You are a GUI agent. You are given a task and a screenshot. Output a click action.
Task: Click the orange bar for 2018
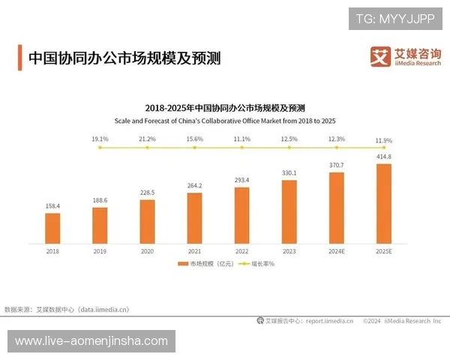[52, 228]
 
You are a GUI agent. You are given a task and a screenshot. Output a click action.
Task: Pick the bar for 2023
[289, 211]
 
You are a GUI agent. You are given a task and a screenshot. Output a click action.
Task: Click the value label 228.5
[147, 193]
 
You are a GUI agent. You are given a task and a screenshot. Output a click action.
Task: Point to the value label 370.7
[336, 165]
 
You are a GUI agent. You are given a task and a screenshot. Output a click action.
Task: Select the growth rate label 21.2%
[147, 139]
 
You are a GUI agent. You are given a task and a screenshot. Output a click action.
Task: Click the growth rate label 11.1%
[241, 139]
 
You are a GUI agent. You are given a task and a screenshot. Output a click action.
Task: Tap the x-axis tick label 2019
[100, 252]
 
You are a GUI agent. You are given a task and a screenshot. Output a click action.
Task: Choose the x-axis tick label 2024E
[337, 252]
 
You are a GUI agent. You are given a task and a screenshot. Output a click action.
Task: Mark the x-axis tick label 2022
[241, 252]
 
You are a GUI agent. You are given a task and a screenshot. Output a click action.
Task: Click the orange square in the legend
[182, 265]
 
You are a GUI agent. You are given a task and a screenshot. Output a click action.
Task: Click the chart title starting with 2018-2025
[224, 107]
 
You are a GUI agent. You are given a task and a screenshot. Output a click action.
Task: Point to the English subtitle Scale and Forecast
[224, 119]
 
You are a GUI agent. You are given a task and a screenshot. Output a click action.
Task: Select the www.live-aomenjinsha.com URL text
[91, 341]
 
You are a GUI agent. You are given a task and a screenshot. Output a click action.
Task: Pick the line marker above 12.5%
[289, 148]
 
